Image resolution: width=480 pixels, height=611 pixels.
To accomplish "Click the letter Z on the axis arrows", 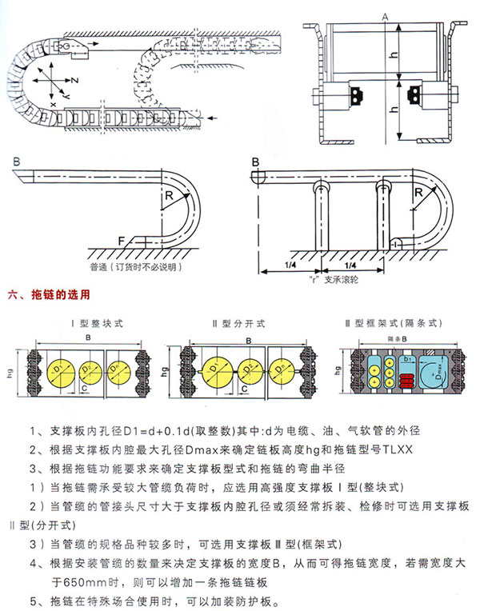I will (x=74, y=82).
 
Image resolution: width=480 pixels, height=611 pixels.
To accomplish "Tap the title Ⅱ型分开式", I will (x=238, y=324).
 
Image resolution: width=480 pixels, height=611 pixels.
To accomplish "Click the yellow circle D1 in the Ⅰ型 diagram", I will (x=58, y=369).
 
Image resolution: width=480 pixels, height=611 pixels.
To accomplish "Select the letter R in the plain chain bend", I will (x=170, y=194).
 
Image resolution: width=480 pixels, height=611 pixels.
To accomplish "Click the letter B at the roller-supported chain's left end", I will (x=256, y=162).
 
